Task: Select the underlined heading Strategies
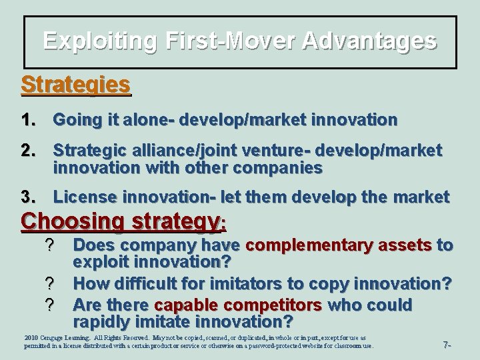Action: click(x=75, y=85)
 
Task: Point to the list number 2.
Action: click(x=30, y=150)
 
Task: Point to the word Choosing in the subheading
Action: click(x=64, y=222)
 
